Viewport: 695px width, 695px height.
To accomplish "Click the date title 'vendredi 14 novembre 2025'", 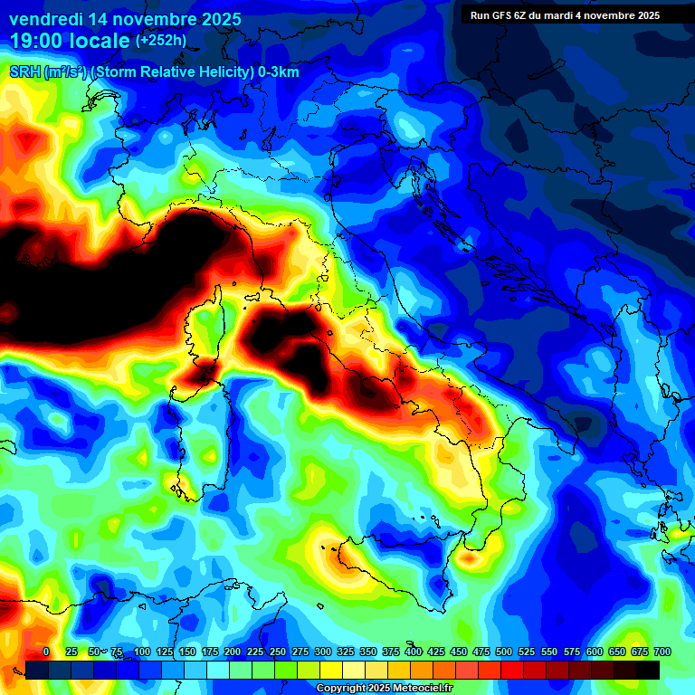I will pyautogui.click(x=125, y=19).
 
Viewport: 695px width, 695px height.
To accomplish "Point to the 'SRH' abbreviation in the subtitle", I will pyautogui.click(x=25, y=72).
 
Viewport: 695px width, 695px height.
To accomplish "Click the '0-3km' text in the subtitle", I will pyautogui.click(x=279, y=72).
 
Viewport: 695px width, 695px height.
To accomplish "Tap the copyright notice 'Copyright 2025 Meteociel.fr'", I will pyautogui.click(x=384, y=689).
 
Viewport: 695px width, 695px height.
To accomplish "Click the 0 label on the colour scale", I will pyautogui.click(x=46, y=652).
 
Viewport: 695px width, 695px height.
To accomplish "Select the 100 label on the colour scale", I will pyautogui.click(x=142, y=652).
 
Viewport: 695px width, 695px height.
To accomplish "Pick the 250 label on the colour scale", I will pyautogui.click(x=278, y=652).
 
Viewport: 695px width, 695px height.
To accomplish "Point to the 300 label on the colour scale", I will pyautogui.click(x=323, y=652).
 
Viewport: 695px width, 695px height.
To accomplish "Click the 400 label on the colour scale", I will pyautogui.click(x=414, y=652).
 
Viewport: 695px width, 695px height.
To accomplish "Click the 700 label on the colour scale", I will pyautogui.click(x=662, y=652).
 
